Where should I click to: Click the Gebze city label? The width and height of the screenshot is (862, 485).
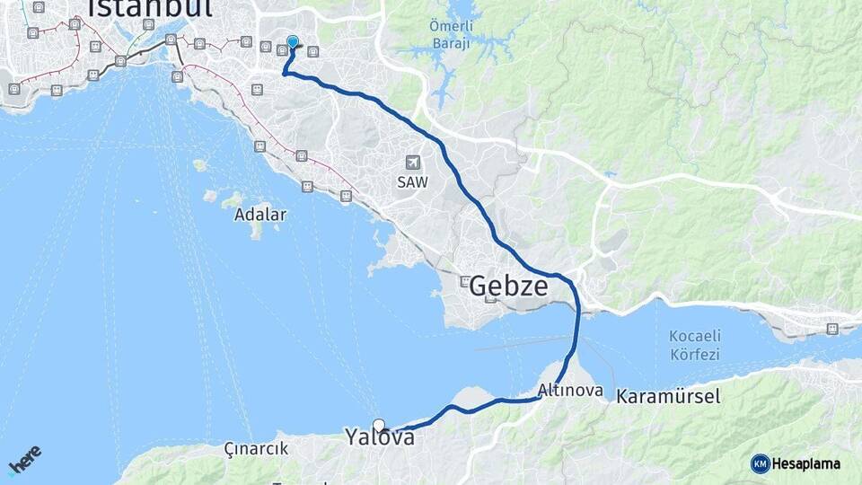click(x=508, y=287)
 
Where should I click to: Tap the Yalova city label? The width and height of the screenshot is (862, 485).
click(x=380, y=437)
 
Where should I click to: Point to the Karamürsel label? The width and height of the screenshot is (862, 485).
click(x=668, y=396)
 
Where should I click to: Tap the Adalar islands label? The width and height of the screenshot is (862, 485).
click(x=260, y=215)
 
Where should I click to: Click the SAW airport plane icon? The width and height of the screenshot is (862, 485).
click(x=413, y=163)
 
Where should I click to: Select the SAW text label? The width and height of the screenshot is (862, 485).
click(x=413, y=181)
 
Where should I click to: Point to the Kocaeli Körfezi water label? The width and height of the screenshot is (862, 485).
click(x=694, y=345)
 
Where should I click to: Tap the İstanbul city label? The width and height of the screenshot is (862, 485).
click(x=149, y=9)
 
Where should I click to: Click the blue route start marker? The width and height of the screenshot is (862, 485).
click(x=292, y=41)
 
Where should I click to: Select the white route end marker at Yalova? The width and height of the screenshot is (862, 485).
click(x=379, y=426)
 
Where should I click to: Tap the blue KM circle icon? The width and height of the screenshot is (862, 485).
click(x=761, y=463)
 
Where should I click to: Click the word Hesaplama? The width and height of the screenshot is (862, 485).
click(x=807, y=463)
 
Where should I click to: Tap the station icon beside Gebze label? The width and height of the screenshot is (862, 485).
click(x=465, y=282)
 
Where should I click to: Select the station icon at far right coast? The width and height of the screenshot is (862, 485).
click(x=832, y=329)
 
